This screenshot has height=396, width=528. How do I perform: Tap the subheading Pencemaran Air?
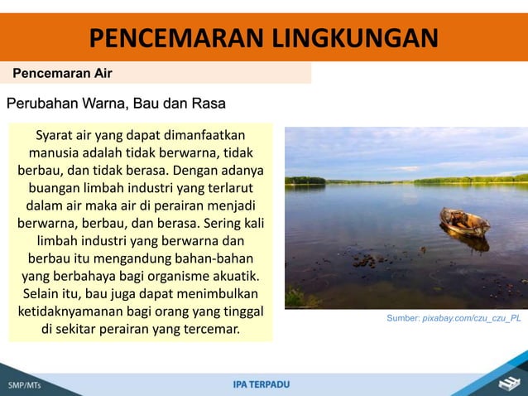tap(63, 73)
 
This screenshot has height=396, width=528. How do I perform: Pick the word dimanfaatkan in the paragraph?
tap(198, 134)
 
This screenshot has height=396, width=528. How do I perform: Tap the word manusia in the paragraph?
tap(54, 152)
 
